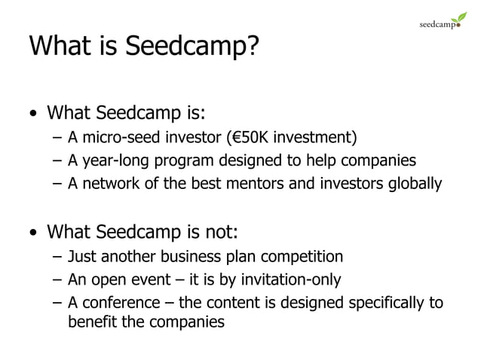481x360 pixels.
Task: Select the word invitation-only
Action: point(291,280)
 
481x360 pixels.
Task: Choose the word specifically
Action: point(384,304)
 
